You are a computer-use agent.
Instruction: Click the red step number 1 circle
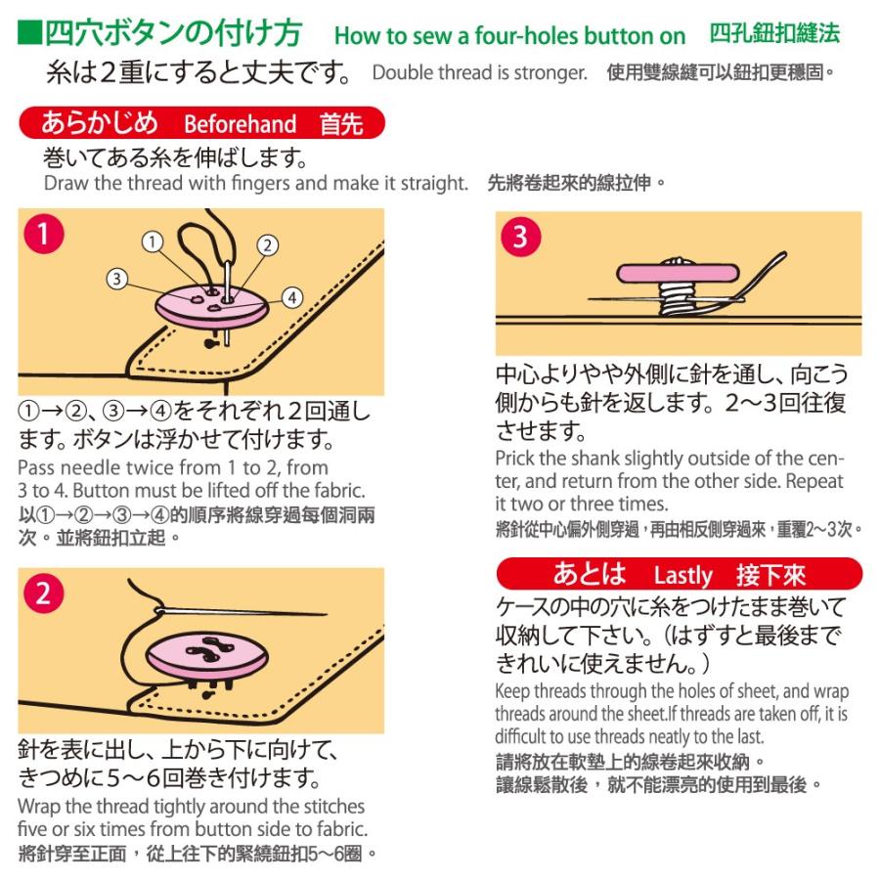pos(43,234)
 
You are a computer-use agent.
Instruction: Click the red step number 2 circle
pos(44,594)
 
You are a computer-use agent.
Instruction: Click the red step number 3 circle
pos(519,237)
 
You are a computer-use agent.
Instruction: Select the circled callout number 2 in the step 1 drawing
pos(267,244)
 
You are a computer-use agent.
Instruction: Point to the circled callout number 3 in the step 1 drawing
pos(117,279)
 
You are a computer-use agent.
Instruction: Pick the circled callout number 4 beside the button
pos(291,296)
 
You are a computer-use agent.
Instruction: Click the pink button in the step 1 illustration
pos(210,308)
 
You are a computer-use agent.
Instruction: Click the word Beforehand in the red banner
pos(240,125)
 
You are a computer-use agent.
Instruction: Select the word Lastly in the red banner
pos(683,573)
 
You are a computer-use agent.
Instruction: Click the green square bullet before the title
pos(29,35)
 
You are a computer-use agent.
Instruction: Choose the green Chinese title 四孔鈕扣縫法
pos(774,34)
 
